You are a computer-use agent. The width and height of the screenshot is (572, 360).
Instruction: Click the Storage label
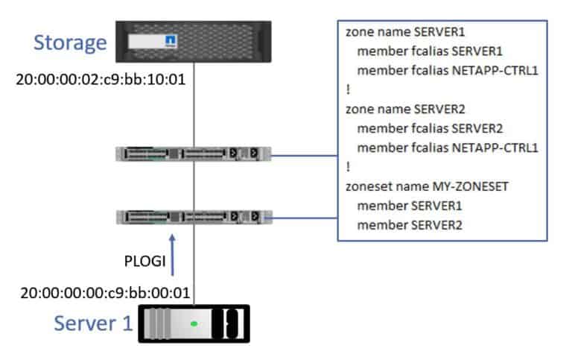70,42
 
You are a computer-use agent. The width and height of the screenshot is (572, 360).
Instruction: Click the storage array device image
194,43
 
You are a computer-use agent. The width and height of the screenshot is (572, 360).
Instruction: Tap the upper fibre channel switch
194,154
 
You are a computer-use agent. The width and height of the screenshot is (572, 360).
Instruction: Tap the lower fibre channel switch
194,217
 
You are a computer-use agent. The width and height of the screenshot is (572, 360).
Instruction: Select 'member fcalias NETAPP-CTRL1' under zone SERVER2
447,147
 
